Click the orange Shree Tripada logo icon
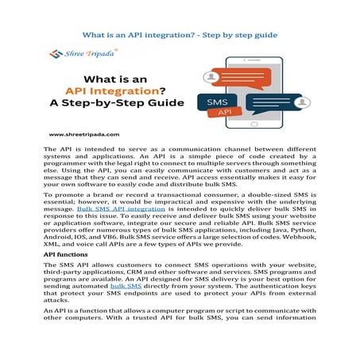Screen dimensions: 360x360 tap(55, 54)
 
